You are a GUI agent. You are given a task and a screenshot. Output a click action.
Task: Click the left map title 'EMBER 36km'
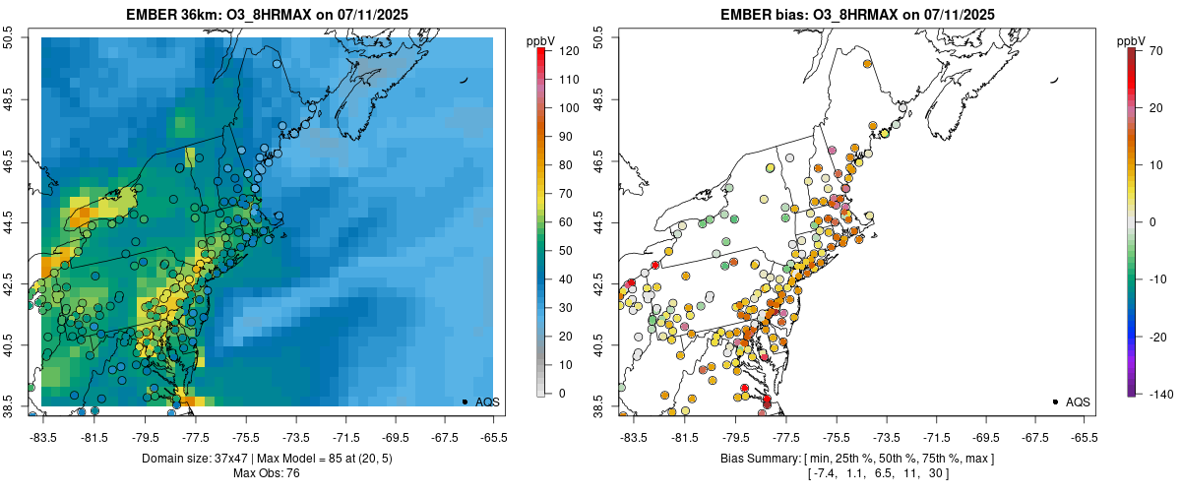click(169, 15)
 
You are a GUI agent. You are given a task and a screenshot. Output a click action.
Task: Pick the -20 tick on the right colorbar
click(1158, 337)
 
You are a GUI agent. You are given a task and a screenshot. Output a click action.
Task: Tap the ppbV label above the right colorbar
click(1132, 40)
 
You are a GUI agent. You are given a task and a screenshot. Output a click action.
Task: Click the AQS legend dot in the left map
click(464, 401)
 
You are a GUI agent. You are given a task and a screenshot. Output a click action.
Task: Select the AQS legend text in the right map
click(1079, 401)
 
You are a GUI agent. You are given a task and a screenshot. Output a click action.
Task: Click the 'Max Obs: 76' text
click(267, 473)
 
